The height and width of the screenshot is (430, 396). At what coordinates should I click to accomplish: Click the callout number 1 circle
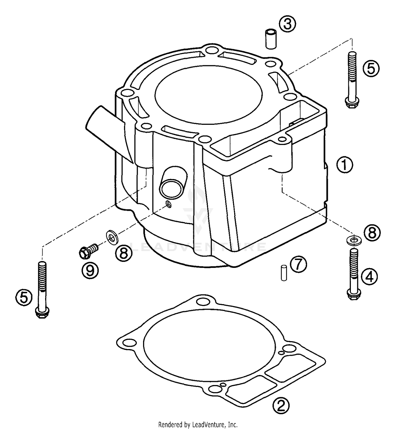(x=345, y=165)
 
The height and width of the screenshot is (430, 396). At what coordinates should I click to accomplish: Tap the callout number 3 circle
(x=287, y=24)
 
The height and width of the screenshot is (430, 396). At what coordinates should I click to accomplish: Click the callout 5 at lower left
(x=24, y=298)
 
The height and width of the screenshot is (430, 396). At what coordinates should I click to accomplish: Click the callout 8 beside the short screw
(x=123, y=253)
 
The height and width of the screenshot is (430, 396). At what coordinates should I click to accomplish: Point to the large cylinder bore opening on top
(x=209, y=94)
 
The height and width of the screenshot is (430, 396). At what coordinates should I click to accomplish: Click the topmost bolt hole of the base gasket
(x=203, y=301)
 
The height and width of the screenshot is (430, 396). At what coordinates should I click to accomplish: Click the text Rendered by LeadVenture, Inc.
(x=198, y=425)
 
